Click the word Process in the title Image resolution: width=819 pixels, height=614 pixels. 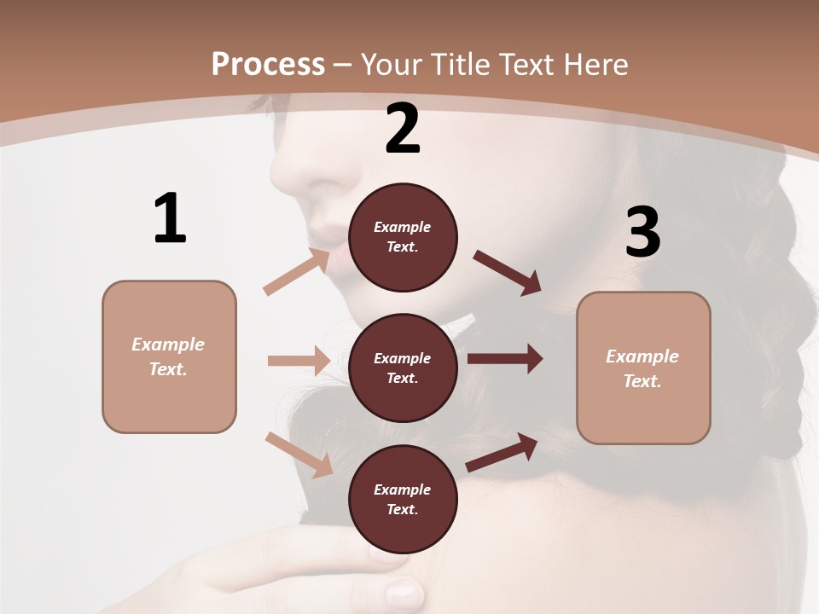268,65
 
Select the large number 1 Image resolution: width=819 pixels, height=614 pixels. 170,219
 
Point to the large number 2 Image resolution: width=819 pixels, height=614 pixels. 403,129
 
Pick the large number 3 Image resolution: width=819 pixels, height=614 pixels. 642,232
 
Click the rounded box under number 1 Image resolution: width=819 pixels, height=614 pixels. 169,356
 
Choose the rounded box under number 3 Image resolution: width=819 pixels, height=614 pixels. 643,368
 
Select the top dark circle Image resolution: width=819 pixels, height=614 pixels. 403,237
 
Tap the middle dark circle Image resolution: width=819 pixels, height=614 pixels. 403,368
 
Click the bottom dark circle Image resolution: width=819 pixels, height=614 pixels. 403,500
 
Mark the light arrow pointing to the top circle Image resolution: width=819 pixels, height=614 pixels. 296,273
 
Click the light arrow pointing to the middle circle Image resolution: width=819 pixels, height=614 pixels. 299,361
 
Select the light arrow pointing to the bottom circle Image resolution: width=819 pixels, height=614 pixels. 299,455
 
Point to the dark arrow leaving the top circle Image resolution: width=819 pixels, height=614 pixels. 508,273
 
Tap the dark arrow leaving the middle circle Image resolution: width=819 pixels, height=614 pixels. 505,359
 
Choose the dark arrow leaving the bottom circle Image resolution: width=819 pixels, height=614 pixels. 502,453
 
